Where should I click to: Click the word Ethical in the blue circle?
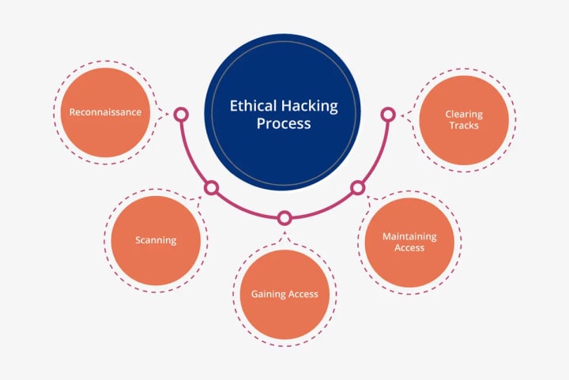click(250, 105)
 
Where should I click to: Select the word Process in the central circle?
click(283, 124)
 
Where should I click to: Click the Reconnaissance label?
click(105, 112)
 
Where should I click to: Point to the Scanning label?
click(156, 240)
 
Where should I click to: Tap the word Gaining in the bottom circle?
click(268, 294)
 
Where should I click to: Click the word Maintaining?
click(409, 236)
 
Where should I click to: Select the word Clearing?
click(463, 114)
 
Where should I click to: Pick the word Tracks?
click(463, 125)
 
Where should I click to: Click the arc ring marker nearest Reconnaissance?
click(181, 115)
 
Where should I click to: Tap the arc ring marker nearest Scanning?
click(211, 188)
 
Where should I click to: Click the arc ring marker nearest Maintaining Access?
click(357, 188)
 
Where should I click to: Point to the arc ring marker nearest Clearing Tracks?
click(387, 115)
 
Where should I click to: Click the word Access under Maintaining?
click(409, 247)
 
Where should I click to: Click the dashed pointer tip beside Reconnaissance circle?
click(164, 114)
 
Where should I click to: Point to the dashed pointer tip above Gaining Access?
click(284, 234)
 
